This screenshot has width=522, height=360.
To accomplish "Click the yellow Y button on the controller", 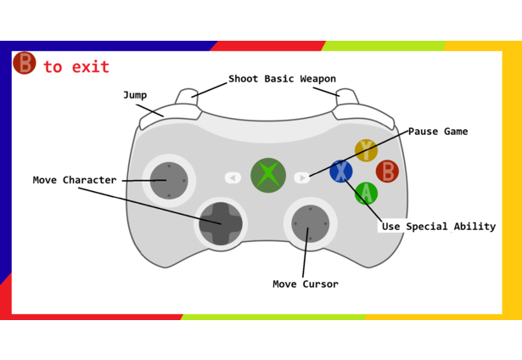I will pos(366,150).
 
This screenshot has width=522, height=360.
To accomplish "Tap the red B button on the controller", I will pos(387,172).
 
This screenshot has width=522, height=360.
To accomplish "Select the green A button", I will pos(366,194).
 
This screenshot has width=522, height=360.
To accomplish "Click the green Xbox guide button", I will pos(268,175).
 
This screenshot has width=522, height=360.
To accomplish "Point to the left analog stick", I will pos(169,180).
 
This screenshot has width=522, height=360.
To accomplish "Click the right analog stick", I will pos(310,223).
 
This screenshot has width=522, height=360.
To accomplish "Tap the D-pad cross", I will pos(221,223).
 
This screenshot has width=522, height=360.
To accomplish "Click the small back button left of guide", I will pos(233,177).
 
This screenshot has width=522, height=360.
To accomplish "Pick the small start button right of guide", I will pos(302,177).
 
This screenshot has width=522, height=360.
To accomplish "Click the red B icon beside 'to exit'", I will pos(24,64).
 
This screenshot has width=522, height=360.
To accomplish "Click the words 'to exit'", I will pos(76,67).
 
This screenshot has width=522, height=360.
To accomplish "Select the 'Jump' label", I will pos(134,95).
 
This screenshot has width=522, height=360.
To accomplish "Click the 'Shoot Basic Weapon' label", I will pos(282,79).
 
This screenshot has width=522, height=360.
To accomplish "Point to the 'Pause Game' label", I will pos(438,132).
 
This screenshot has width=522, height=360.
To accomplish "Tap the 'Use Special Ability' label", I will pos(438,227).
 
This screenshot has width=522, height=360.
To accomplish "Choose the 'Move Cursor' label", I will pos(306,284).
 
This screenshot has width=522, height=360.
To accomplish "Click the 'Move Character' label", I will pos(75,180).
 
